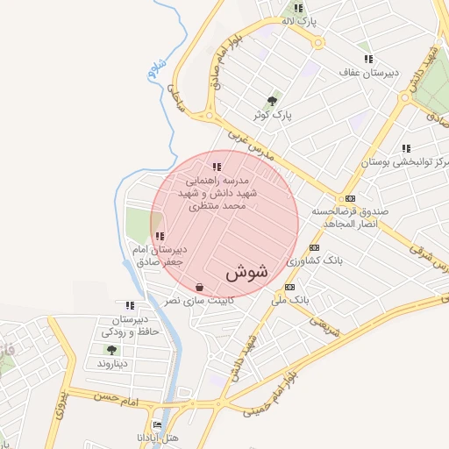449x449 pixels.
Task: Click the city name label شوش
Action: click(x=246, y=273)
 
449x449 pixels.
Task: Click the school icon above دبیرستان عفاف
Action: click(x=367, y=59)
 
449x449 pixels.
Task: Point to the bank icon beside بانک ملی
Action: click(x=290, y=287)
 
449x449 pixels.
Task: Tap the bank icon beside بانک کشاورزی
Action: click(x=314, y=248)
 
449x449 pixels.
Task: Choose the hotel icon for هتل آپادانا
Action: click(x=157, y=425)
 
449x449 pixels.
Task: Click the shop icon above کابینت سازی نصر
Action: click(x=200, y=287)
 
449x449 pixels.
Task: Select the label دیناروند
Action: click(x=112, y=362)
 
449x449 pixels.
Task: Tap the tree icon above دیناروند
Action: click(x=111, y=349)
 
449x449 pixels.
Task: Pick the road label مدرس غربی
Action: click(x=250, y=146)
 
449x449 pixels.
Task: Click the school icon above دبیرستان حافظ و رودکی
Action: click(x=130, y=305)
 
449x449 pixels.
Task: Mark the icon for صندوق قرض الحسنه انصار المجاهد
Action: click(x=350, y=198)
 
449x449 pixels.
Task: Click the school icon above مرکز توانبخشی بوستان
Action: click(x=405, y=148)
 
